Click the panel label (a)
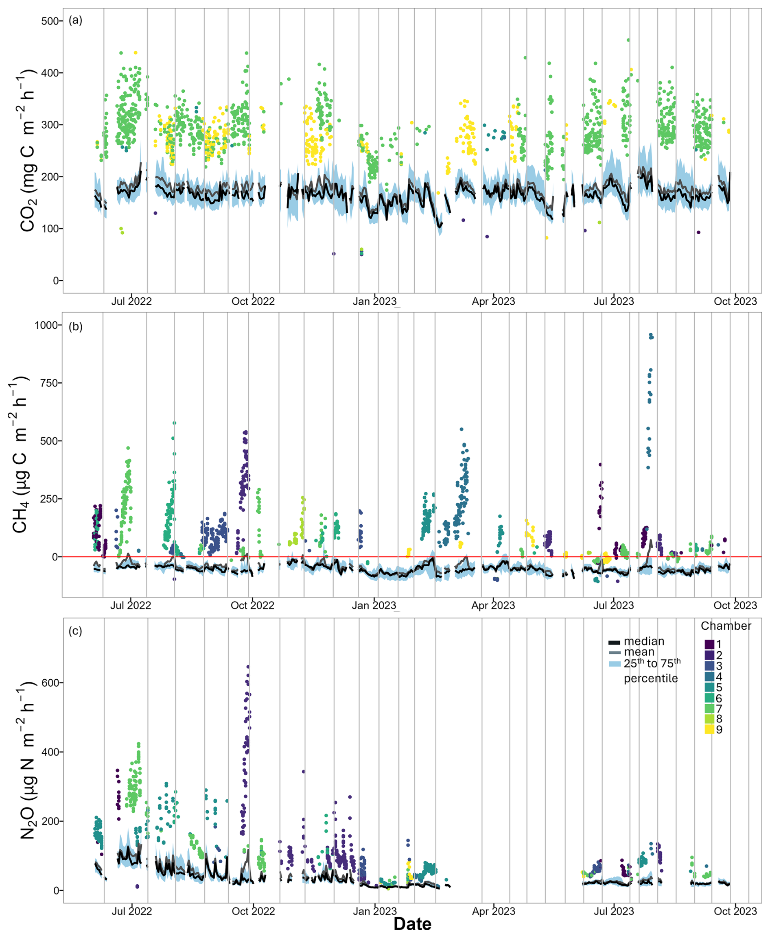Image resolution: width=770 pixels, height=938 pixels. (75, 20)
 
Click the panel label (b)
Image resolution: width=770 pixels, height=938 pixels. (75, 327)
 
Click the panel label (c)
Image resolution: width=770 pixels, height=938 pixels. (75, 631)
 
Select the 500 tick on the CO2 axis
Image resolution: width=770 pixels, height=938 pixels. (49, 21)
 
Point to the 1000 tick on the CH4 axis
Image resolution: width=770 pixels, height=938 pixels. (46, 325)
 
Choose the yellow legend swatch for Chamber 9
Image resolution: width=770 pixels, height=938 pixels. (709, 729)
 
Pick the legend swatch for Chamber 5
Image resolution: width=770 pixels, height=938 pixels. (709, 687)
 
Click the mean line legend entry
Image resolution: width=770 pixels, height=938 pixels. (614, 652)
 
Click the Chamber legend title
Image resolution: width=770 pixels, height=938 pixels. (726, 626)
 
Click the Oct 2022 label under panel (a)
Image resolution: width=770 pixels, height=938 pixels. (253, 301)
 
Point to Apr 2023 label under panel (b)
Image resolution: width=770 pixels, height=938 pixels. (493, 606)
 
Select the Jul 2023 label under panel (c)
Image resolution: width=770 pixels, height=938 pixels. (613, 912)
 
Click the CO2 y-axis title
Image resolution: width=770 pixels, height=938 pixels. (28, 151)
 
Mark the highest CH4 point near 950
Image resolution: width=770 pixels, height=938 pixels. (651, 335)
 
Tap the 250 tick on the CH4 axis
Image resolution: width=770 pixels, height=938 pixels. (49, 499)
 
